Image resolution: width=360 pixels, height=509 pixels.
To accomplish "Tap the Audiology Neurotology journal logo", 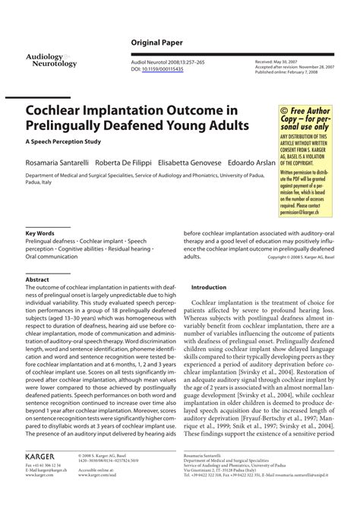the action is pos(51,61).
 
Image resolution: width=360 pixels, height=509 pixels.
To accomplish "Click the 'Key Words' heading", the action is pos(40,232).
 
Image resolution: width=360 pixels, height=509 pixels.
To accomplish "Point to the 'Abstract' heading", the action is pos(37,280).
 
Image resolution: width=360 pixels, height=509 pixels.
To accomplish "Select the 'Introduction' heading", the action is pos(209,288).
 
